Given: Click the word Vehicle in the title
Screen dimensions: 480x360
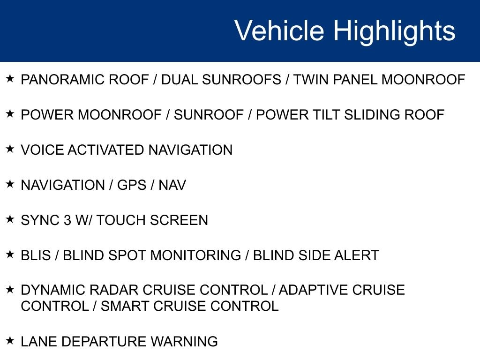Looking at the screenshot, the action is click(x=279, y=30).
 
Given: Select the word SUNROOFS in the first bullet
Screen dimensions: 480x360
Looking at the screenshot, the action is click(x=241, y=80).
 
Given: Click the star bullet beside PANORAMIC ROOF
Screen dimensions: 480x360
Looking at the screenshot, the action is click(x=10, y=78).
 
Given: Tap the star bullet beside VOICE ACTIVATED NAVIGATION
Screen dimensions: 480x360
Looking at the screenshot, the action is click(x=10, y=149).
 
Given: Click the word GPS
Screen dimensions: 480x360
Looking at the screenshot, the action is click(x=132, y=185).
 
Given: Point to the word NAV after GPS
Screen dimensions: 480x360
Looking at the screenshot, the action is click(x=172, y=185).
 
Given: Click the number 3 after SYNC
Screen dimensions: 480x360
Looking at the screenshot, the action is click(x=67, y=220).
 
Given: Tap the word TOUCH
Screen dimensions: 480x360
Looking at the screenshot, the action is click(x=121, y=220).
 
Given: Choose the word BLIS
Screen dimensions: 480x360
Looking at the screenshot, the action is click(x=36, y=255).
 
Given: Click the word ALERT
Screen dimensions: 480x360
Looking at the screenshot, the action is click(x=357, y=255).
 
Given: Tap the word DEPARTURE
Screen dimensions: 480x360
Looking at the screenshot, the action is click(x=104, y=341).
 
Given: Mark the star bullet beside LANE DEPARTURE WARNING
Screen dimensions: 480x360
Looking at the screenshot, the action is click(x=10, y=340).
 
